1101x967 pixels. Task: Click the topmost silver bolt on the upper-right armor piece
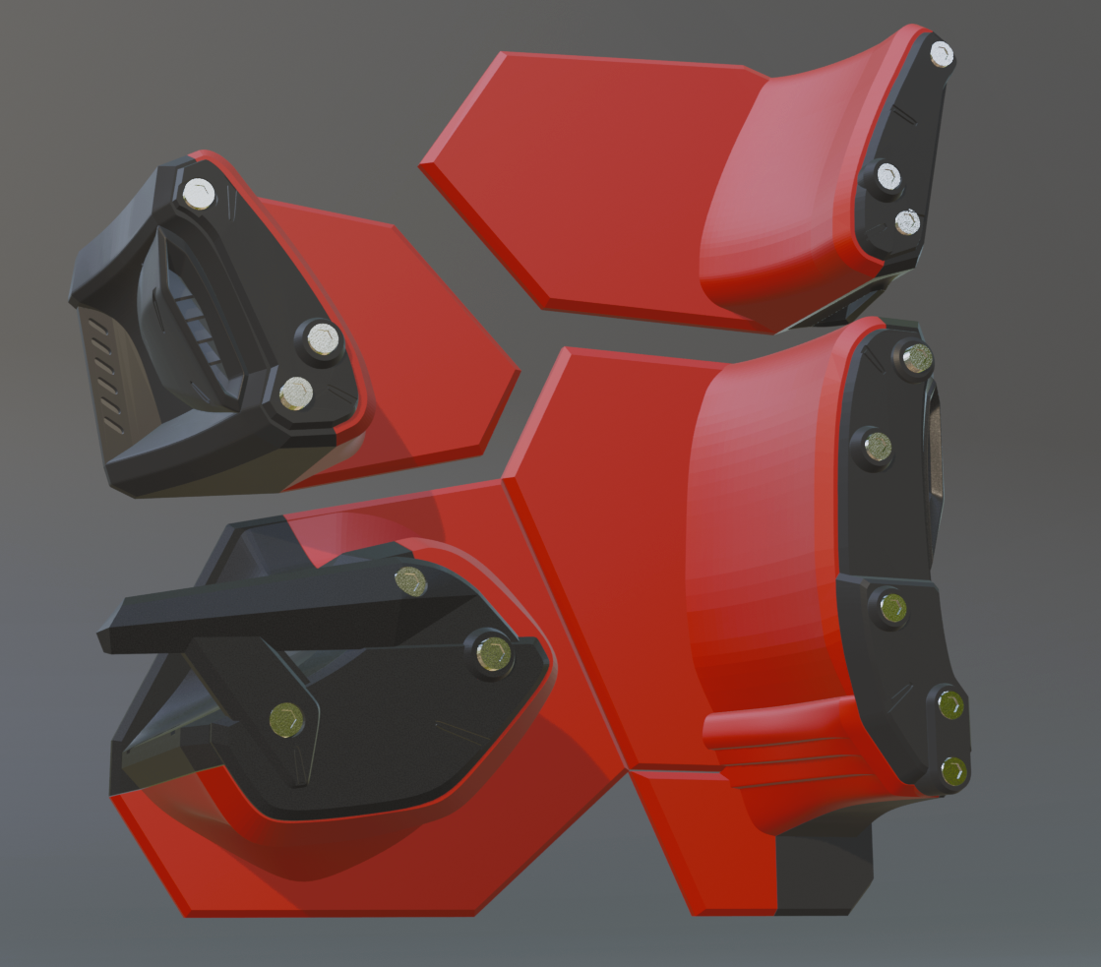point(941,54)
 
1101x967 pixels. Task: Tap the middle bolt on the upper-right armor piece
point(887,177)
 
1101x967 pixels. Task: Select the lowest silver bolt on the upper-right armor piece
point(907,222)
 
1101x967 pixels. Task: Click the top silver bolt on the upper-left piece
point(200,194)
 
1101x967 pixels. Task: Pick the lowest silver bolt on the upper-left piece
point(295,393)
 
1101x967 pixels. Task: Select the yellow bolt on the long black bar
point(410,581)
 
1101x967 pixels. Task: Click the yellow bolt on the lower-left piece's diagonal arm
point(286,720)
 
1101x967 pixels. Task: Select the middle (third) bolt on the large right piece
point(892,607)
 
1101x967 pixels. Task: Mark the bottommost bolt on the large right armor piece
point(952,772)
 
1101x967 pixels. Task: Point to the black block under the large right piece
point(825,871)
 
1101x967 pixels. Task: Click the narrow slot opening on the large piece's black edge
point(936,453)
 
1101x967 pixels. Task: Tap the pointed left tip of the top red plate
point(425,166)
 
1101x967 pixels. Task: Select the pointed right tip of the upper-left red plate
point(516,371)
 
